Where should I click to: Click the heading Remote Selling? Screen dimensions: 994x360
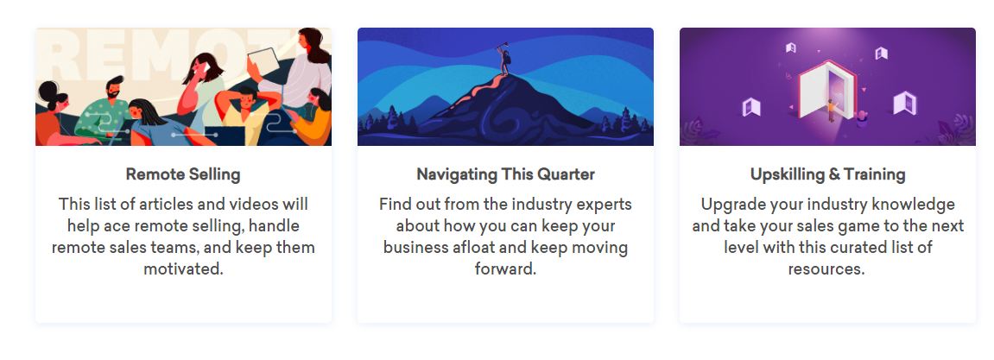183,174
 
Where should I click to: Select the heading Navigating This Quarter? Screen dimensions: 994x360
505,174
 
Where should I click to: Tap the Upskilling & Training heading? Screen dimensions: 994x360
827,174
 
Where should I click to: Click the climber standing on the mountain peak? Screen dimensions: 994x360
505,60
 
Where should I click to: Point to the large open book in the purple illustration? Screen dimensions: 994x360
827,90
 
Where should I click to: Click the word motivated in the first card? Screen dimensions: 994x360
183,268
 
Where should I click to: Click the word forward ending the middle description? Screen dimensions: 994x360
505,268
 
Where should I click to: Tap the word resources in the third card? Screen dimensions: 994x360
826,268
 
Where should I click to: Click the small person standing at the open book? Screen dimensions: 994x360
830,111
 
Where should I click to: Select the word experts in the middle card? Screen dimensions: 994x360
605,205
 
